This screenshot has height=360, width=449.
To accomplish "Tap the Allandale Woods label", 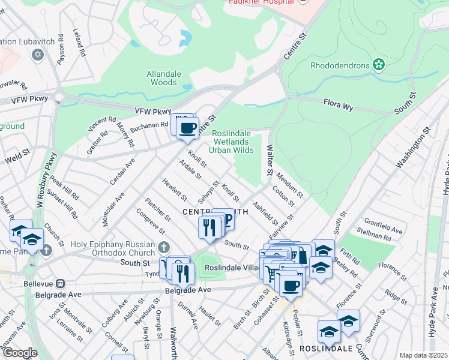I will pos(162,78).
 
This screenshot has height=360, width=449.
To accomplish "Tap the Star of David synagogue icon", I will pos(38,55).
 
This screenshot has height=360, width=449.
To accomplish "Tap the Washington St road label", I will pos(414,148).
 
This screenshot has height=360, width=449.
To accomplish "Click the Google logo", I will pos(19,353).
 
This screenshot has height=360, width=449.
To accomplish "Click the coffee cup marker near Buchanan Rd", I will pos(187,128).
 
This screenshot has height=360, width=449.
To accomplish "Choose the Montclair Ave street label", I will pos(112,205).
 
